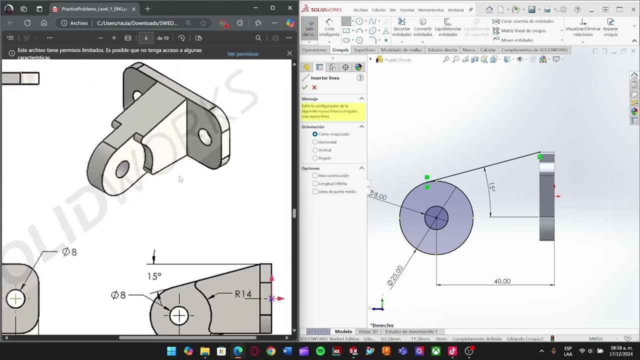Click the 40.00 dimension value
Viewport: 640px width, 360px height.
click(x=502, y=281)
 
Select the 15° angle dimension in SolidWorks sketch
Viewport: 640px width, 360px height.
click(x=492, y=187)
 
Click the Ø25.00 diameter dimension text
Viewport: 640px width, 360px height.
click(x=394, y=275)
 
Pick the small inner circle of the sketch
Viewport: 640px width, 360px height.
click(x=436, y=218)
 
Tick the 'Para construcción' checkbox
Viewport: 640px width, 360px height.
click(x=315, y=175)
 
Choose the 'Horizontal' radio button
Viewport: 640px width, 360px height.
click(x=315, y=142)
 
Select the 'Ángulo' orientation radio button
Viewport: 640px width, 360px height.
click(x=315, y=158)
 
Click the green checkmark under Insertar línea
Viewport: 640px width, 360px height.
click(x=304, y=87)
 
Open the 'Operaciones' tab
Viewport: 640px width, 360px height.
click(x=314, y=50)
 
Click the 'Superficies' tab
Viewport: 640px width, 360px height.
click(x=364, y=50)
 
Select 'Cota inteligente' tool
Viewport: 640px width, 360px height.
click(x=329, y=27)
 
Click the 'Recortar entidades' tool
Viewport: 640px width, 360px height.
click(x=401, y=27)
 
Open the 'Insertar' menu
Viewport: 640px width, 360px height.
click(x=407, y=10)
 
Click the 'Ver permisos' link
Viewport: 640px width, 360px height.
click(x=242, y=54)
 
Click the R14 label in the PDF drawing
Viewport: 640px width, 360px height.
click(x=243, y=294)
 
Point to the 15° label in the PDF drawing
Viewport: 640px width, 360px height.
click(x=154, y=276)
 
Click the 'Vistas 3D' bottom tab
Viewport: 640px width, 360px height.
click(x=368, y=331)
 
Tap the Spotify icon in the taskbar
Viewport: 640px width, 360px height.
click(x=320, y=351)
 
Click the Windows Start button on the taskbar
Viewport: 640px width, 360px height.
click(x=171, y=351)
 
